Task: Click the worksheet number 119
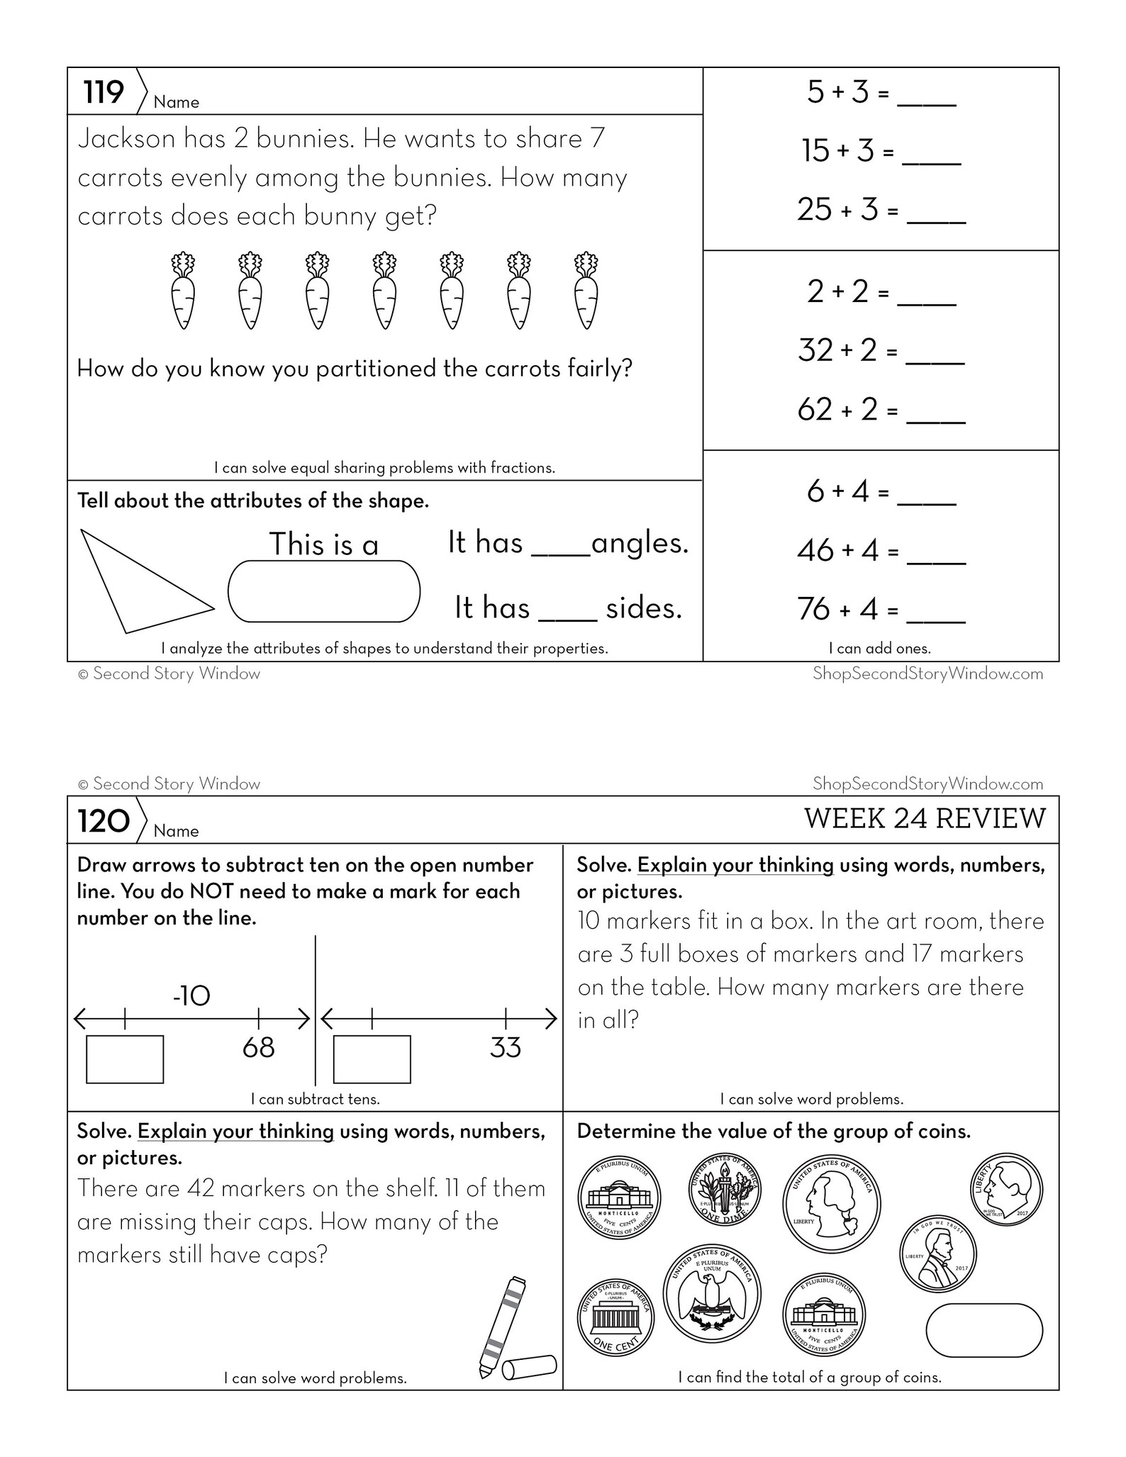click(x=104, y=92)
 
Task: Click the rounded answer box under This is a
click(x=323, y=592)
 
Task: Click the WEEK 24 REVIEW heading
click(x=924, y=818)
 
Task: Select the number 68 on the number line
click(x=258, y=1047)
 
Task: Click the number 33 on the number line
click(x=505, y=1047)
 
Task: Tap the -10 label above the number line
click(x=191, y=996)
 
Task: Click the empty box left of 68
click(x=125, y=1059)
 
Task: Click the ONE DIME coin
click(x=725, y=1190)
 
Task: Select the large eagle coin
click(x=711, y=1293)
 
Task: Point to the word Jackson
click(x=126, y=138)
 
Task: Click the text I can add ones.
click(x=879, y=648)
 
